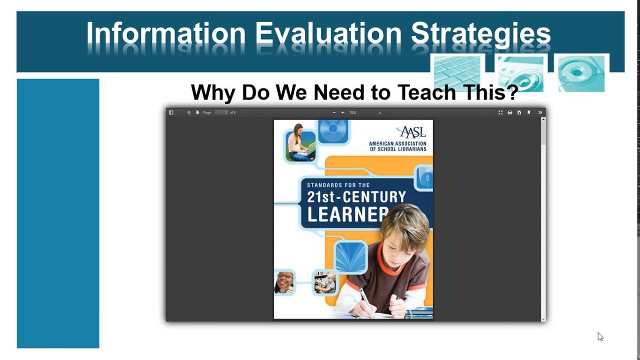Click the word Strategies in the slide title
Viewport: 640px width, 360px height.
[x=480, y=34]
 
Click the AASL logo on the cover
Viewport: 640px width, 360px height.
[x=411, y=132]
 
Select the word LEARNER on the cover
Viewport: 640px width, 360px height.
[x=348, y=214]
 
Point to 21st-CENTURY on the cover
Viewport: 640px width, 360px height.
[x=356, y=196]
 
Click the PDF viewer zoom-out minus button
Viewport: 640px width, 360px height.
[x=334, y=113]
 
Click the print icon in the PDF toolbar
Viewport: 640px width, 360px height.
[x=510, y=113]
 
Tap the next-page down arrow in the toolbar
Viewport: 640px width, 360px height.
[x=197, y=113]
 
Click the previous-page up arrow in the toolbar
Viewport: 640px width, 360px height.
[x=189, y=113]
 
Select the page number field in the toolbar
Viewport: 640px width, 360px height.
[x=221, y=113]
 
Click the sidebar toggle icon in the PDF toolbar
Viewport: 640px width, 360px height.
[x=171, y=113]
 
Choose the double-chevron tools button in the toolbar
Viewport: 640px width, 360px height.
[x=540, y=113]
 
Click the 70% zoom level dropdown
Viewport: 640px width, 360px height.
[x=365, y=113]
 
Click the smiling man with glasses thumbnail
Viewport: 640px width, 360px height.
[x=284, y=282]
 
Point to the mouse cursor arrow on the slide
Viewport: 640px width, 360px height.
[x=599, y=336]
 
